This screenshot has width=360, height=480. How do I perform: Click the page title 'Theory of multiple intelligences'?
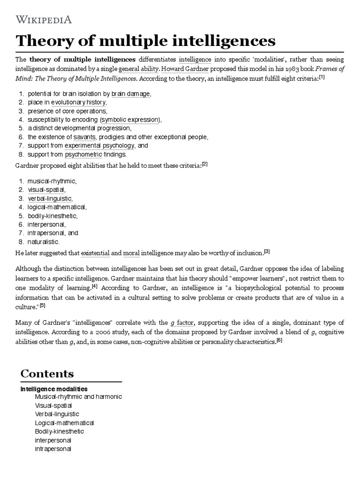145,41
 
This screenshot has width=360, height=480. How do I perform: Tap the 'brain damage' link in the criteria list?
131,94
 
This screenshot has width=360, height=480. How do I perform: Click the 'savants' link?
84,137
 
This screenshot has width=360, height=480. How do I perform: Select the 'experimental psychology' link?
99,145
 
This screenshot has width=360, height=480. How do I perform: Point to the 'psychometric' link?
81,154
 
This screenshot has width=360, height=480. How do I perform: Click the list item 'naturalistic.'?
43,242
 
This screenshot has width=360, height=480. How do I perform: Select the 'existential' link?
95,254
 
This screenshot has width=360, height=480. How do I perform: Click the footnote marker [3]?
267,252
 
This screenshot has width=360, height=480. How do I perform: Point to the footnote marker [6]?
279,340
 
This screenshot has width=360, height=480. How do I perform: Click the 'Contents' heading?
47,374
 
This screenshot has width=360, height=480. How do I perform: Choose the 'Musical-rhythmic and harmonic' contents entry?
78,397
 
